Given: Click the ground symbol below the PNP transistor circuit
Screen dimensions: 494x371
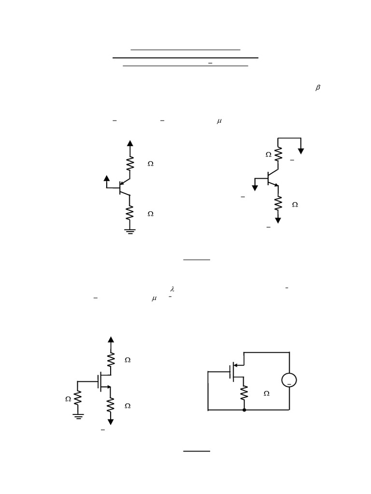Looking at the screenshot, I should click(x=129, y=232).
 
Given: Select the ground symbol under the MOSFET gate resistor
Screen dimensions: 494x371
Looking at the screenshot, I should click(x=78, y=415).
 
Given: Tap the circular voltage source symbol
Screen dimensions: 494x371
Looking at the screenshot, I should click(x=289, y=380).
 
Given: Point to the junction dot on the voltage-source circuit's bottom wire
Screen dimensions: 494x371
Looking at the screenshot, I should click(x=244, y=410).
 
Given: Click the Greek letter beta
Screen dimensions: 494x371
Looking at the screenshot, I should click(x=317, y=88).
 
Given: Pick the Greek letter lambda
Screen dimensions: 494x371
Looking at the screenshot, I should click(x=172, y=289).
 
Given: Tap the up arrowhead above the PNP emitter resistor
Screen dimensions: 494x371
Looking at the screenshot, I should click(x=129, y=143).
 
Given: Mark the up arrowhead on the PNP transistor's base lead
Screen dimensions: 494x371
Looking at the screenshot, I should click(x=107, y=178).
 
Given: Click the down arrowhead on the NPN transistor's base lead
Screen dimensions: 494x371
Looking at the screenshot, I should click(x=255, y=188).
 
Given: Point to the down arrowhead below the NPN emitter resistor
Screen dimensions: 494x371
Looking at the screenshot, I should click(x=278, y=220).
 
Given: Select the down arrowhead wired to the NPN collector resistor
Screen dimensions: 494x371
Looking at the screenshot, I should click(x=301, y=151).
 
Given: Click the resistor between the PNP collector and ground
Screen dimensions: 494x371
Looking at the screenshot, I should click(x=129, y=213).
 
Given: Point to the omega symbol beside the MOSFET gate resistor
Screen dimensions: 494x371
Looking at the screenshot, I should click(x=68, y=399).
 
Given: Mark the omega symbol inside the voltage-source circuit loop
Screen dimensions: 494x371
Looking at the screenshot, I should click(x=267, y=394).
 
